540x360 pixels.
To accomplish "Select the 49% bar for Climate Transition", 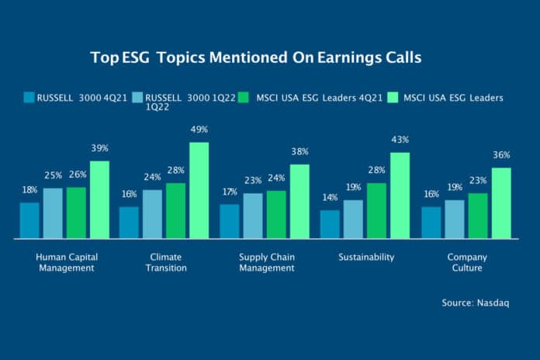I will (x=199, y=190).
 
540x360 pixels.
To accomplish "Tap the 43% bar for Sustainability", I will (x=400, y=195).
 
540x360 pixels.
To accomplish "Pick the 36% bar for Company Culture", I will (x=501, y=202).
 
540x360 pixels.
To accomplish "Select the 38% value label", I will (x=299, y=152).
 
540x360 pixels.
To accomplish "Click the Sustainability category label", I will (x=367, y=257).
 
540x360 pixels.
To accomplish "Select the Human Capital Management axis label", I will (x=66, y=262).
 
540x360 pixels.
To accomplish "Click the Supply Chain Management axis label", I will (x=267, y=262).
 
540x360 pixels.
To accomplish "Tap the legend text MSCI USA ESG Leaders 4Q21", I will (x=317, y=98).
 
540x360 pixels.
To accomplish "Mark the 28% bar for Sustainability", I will (x=377, y=209).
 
